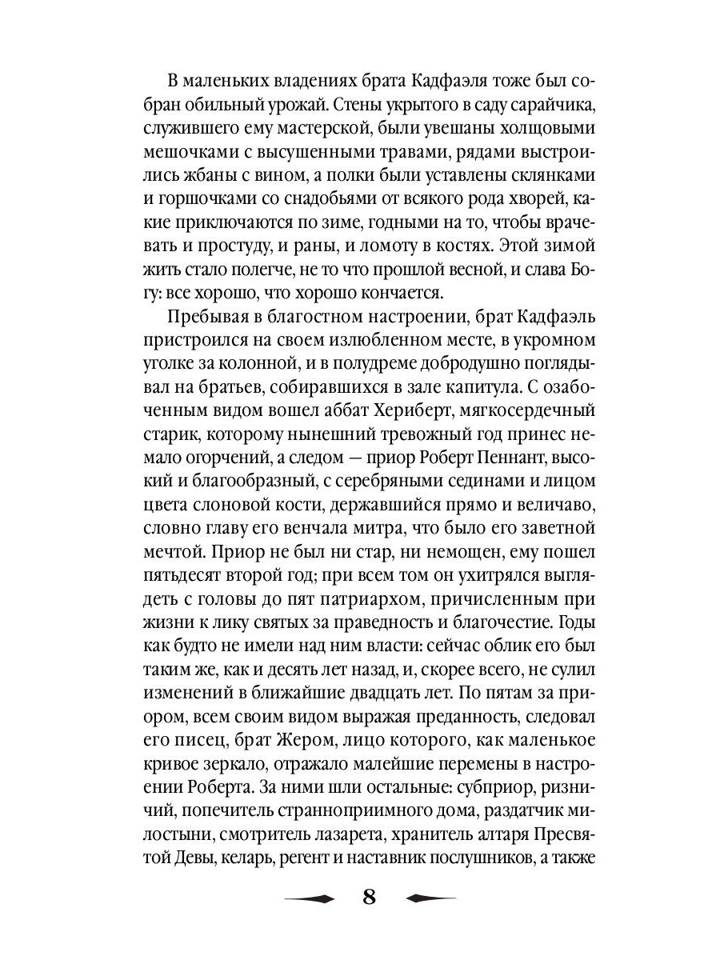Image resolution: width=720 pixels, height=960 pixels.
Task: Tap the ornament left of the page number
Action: pyautogui.click(x=310, y=898)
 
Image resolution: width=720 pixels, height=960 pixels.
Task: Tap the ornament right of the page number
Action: pyautogui.click(x=430, y=898)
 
